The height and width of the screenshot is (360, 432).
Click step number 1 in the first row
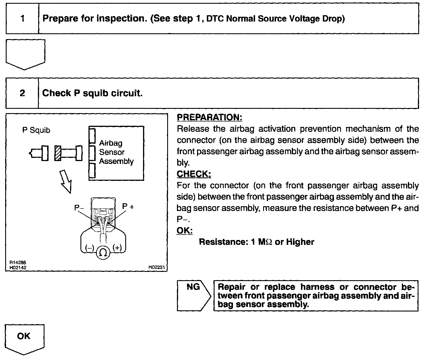[22, 19]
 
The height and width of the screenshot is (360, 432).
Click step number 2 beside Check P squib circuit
[22, 93]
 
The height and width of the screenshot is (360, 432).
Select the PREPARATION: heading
[209, 117]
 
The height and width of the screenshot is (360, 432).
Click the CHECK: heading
[194, 174]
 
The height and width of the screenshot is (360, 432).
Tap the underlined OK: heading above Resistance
[184, 231]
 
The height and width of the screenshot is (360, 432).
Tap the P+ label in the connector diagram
[128, 206]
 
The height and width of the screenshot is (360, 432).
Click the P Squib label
[36, 130]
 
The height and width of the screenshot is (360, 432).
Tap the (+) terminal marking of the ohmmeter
[117, 248]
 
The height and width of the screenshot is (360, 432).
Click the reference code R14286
[16, 262]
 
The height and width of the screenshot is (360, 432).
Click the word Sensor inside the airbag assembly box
[112, 152]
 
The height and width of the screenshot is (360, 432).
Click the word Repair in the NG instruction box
[232, 287]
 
